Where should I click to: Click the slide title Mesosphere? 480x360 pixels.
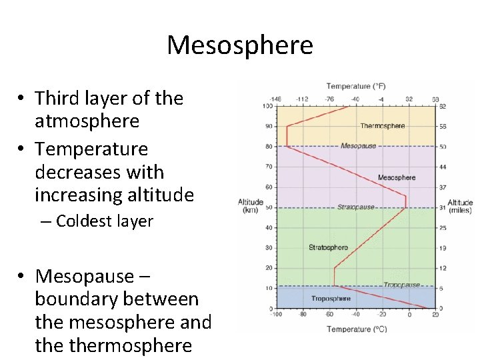(x=239, y=45)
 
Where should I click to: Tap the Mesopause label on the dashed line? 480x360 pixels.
(x=359, y=146)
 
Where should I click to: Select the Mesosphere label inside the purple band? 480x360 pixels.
(x=397, y=177)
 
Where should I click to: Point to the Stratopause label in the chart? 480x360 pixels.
(x=356, y=207)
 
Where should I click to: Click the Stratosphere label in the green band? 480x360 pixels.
(x=328, y=247)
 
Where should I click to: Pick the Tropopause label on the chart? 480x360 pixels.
(x=401, y=285)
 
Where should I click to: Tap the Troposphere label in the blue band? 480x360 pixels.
(x=331, y=298)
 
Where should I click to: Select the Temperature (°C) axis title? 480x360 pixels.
(x=357, y=329)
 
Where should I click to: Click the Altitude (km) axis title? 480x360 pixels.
(x=250, y=206)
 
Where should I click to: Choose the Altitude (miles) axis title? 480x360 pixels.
(x=460, y=206)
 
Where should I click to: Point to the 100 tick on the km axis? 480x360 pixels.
(x=267, y=106)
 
